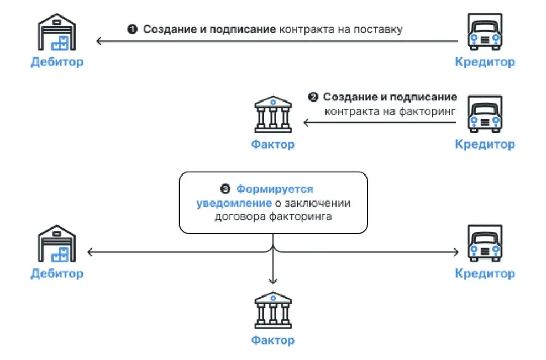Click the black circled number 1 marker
point(132,29)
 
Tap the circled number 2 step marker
point(313,98)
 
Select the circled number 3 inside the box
point(225,189)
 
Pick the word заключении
point(319,203)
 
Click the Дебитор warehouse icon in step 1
point(57,33)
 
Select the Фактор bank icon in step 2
point(272,115)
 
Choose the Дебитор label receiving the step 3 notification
point(57,273)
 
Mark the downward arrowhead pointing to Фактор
point(272,281)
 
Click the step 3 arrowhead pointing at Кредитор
point(456,252)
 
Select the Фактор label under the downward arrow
point(272,340)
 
